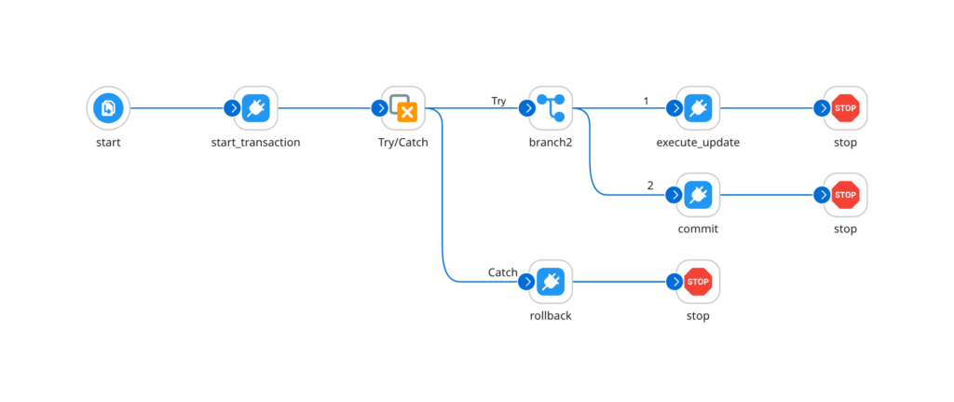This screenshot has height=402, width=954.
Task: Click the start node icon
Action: [x=108, y=108]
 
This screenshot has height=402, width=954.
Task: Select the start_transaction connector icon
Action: [x=255, y=108]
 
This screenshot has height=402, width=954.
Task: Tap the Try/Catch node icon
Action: [x=403, y=108]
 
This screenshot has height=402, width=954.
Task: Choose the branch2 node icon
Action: [x=551, y=108]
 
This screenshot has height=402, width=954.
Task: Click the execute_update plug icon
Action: [x=698, y=108]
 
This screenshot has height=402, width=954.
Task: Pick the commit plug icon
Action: [x=698, y=194]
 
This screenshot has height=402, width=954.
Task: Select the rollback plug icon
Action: [x=551, y=281]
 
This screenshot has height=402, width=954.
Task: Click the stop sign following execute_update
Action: [x=845, y=108]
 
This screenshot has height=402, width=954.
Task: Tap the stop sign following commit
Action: [x=845, y=194]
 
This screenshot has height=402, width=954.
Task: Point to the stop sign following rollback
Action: [x=698, y=281]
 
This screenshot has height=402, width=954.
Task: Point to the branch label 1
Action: [x=646, y=100]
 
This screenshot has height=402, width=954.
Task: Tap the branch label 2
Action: [x=650, y=186]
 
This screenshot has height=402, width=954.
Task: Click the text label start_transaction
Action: [x=255, y=144]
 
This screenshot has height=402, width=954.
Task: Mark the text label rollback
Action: [x=551, y=316]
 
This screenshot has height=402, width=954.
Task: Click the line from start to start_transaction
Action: [x=177, y=108]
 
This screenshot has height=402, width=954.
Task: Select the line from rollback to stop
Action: [x=620, y=281]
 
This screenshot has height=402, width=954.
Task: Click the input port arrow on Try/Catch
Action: [x=378, y=108]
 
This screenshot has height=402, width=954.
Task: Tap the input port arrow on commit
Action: [x=673, y=194]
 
